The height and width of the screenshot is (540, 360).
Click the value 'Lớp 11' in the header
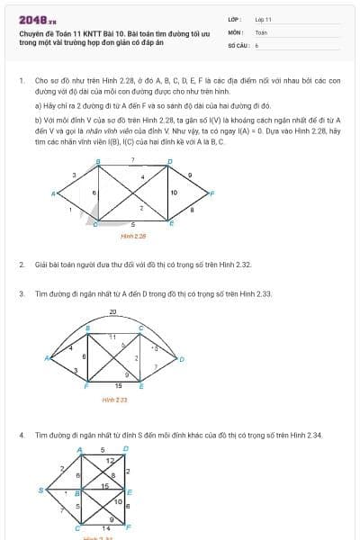coord(263,19)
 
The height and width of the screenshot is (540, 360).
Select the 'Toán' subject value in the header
coord(261,31)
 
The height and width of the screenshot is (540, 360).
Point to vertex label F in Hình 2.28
coord(211,193)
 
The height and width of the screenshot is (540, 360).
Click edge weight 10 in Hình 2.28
coord(174,192)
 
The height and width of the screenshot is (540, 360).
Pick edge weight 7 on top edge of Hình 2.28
coord(132,159)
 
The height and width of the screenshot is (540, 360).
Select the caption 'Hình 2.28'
coord(133,236)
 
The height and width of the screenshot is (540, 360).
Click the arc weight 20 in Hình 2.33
coord(112,311)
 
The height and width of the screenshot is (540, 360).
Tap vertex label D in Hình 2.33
coord(183,359)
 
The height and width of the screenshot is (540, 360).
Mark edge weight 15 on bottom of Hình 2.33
coord(118,385)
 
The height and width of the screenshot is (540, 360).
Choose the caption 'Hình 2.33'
coord(114,399)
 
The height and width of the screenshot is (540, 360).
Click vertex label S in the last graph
coord(40,490)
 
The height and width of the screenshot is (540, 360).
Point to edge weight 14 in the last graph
coord(107,527)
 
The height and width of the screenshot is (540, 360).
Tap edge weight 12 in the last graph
coord(110,460)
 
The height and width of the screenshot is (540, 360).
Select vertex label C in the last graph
coord(76,529)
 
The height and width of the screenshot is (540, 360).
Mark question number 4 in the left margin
coord(21,435)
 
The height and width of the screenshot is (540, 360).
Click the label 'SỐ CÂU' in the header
coord(237,44)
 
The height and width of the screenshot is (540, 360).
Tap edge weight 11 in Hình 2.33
coord(112,337)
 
